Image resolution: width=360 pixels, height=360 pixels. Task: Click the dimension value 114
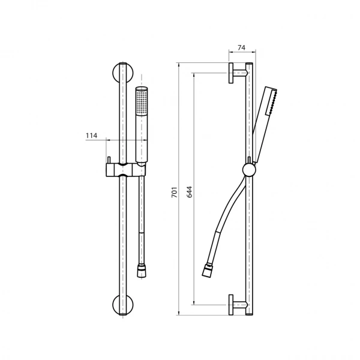[92, 136]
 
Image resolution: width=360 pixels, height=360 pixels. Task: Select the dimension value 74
[241, 47]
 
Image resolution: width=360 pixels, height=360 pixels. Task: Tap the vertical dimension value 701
[175, 193]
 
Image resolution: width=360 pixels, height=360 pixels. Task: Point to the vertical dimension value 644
[190, 192]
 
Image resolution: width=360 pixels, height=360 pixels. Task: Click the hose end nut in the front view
[142, 271]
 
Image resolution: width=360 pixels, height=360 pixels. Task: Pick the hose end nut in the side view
[206, 270]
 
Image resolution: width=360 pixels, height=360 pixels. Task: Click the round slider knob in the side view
[249, 170]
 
